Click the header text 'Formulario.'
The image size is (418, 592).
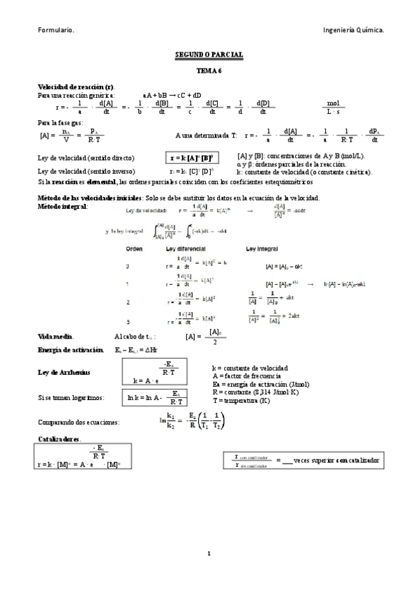(56, 30)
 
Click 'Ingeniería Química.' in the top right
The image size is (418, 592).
(354, 30)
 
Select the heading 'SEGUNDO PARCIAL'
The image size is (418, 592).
(208, 54)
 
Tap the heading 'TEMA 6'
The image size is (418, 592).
(208, 71)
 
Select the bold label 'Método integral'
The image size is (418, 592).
(63, 207)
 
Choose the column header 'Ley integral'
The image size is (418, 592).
(262, 249)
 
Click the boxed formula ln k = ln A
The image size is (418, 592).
(154, 397)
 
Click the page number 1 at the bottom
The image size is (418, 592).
(208, 554)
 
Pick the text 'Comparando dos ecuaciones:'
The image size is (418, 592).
(78, 422)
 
